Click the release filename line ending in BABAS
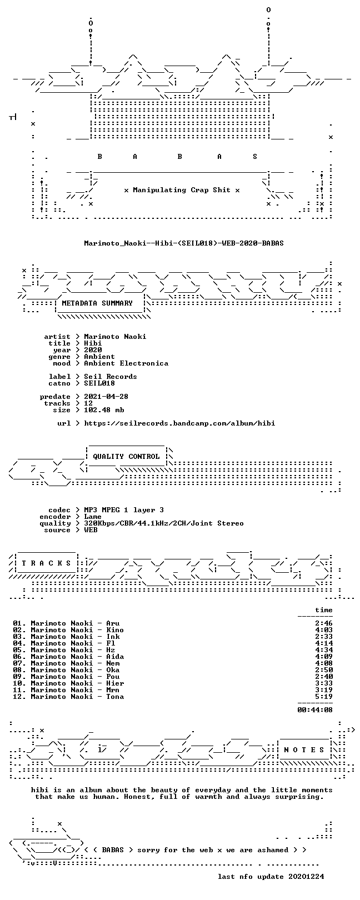[184, 243]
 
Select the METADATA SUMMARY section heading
[97, 303]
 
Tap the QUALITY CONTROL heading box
[126, 457]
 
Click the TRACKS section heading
[46, 563]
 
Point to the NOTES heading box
[304, 750]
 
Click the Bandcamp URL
[179, 423]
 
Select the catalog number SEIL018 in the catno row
[99, 383]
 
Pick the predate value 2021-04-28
[106, 397]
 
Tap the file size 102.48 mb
[104, 410]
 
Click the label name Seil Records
[111, 377]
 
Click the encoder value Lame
[93, 517]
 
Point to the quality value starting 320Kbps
[164, 523]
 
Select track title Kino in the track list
[115, 630]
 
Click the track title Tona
[115, 697]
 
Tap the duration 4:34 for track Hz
[324, 650]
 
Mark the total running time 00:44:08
[315, 710]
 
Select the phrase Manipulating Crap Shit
[182, 190]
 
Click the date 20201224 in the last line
[306, 877]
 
